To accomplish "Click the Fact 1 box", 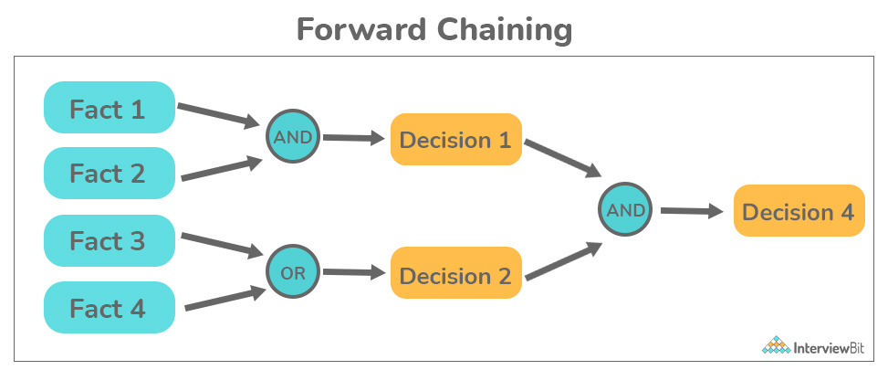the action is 110,108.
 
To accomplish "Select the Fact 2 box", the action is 110,173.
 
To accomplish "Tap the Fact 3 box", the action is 110,240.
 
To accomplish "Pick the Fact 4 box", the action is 110,307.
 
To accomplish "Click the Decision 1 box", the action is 456,140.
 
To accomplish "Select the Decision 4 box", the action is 799,210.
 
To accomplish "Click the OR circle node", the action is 293,273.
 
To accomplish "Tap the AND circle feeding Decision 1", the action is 293,136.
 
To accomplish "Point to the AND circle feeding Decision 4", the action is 625,209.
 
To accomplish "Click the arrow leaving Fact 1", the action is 219,115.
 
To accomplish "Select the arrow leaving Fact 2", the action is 222,169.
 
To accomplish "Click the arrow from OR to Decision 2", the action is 354,272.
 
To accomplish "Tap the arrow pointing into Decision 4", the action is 692,211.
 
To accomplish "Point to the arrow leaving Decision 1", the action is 563,159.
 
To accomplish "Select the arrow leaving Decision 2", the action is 563,260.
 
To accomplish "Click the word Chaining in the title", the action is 504,30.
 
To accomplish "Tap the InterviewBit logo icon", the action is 776,344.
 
